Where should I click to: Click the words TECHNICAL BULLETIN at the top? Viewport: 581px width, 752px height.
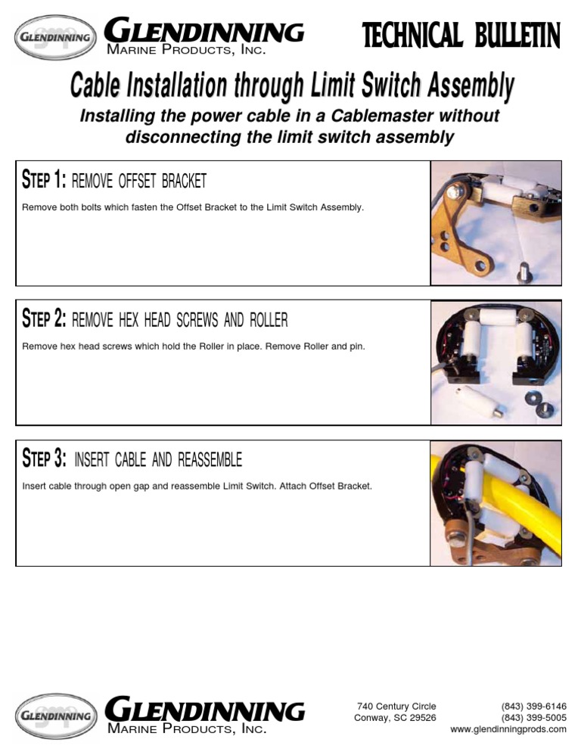[461, 36]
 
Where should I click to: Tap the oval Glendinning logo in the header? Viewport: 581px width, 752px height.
[56, 37]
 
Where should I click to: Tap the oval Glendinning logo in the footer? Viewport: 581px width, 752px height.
[56, 715]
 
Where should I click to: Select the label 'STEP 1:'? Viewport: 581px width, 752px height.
[45, 181]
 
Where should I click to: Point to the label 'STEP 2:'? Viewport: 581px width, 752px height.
[45, 320]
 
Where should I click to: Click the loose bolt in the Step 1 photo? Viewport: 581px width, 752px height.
[523, 271]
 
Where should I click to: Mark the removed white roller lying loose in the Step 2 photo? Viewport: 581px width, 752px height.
[476, 398]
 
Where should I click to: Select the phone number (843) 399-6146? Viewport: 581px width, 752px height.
[534, 707]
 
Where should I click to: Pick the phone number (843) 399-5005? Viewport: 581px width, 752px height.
[534, 718]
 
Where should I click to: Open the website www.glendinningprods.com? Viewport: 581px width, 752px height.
[508, 729]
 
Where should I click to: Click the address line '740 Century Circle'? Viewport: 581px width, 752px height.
[396, 707]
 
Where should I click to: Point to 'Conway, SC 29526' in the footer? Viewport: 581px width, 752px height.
[395, 718]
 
